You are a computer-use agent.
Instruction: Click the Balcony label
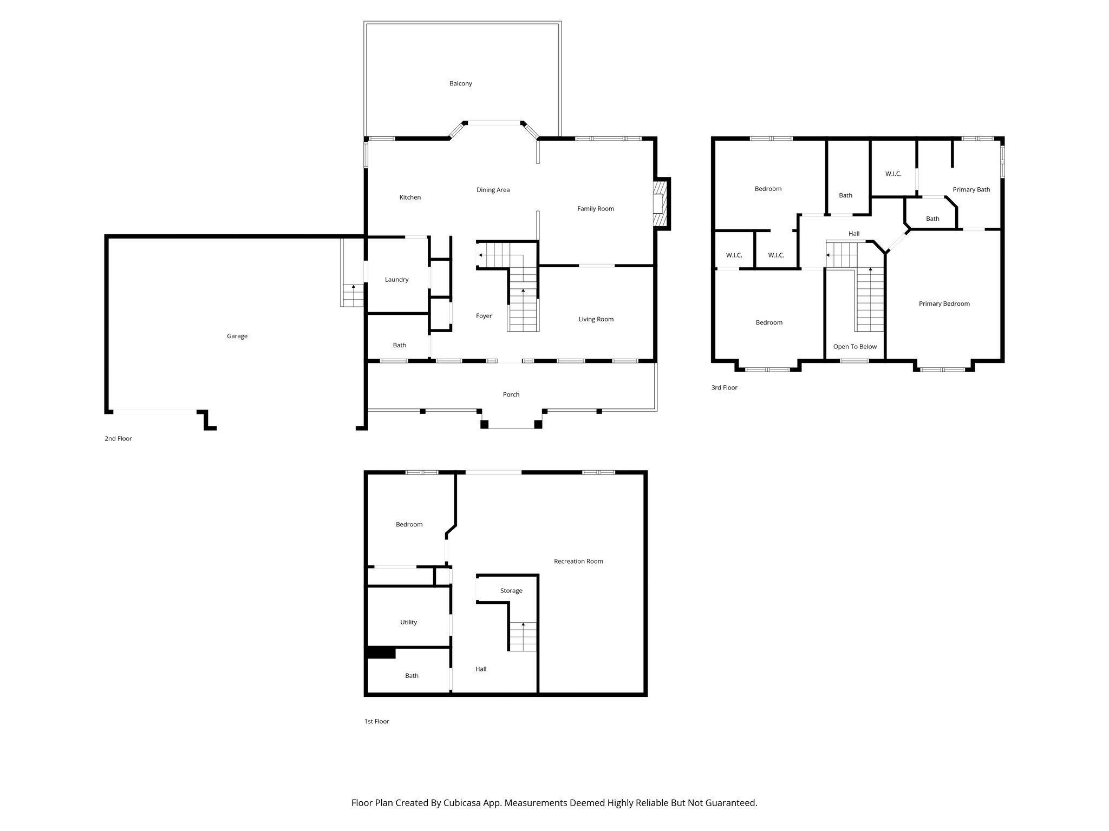click(x=460, y=84)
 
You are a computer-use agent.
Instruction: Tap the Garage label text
click(x=237, y=337)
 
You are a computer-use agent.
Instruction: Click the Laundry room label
click(x=396, y=280)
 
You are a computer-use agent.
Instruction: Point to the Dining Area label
click(x=493, y=190)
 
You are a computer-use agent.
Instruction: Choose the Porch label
click(x=511, y=395)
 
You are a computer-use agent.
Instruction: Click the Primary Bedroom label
click(x=944, y=304)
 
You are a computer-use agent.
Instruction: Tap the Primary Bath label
click(x=971, y=190)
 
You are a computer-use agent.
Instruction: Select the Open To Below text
click(x=854, y=347)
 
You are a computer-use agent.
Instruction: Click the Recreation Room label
click(x=578, y=562)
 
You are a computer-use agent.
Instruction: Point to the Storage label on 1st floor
click(x=511, y=591)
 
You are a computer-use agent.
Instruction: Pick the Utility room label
click(x=408, y=623)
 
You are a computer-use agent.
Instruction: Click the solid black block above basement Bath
click(x=381, y=653)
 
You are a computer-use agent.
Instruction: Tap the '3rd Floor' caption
click(x=724, y=388)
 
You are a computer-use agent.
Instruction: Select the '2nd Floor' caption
click(x=118, y=439)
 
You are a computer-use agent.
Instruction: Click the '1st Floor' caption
click(x=376, y=722)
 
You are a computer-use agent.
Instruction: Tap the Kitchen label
click(x=410, y=197)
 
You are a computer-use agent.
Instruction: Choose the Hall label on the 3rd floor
click(x=854, y=234)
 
